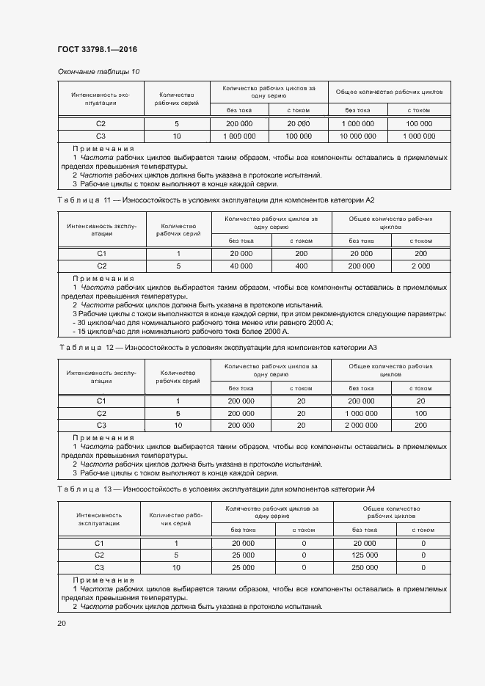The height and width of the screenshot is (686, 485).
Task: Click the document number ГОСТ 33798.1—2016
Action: pos(97,50)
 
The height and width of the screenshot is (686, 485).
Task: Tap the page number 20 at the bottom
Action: pos(61,623)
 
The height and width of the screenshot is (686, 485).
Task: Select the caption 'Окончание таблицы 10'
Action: pos(98,71)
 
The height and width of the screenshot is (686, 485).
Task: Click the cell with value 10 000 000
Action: pos(358,136)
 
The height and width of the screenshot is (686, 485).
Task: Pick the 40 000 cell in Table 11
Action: pos(241,266)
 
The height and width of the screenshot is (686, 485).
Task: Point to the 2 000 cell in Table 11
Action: pos(420,266)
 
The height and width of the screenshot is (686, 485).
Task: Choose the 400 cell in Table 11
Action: pos(301,266)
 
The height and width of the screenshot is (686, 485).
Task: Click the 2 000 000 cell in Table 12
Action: pos(360,425)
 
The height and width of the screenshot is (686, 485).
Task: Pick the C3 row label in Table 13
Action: pos(100,567)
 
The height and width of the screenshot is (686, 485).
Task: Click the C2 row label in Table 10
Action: pos(101,123)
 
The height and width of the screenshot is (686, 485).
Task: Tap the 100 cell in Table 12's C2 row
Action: pos(420,413)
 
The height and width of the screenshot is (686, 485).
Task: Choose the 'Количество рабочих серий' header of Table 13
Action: pos(176,519)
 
